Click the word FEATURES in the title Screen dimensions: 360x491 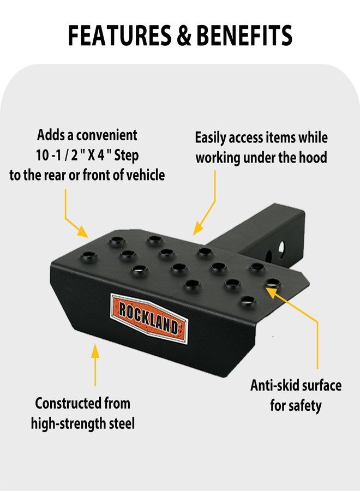[120, 35]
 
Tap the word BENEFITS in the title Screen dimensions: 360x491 [244, 35]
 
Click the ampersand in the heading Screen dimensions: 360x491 [184, 35]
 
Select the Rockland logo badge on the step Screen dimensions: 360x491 [149, 318]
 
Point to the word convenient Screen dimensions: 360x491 [107, 135]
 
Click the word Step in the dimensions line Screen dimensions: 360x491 [126, 155]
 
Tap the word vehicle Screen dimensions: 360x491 [145, 175]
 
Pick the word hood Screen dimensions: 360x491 [313, 157]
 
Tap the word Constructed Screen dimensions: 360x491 [65, 403]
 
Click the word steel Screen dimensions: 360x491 [122, 423]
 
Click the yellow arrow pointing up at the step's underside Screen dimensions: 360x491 [95, 364]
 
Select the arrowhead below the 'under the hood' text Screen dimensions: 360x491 [197, 229]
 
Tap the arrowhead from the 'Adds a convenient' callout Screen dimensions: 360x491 [82, 231]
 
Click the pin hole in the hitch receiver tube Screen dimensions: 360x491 [281, 249]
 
